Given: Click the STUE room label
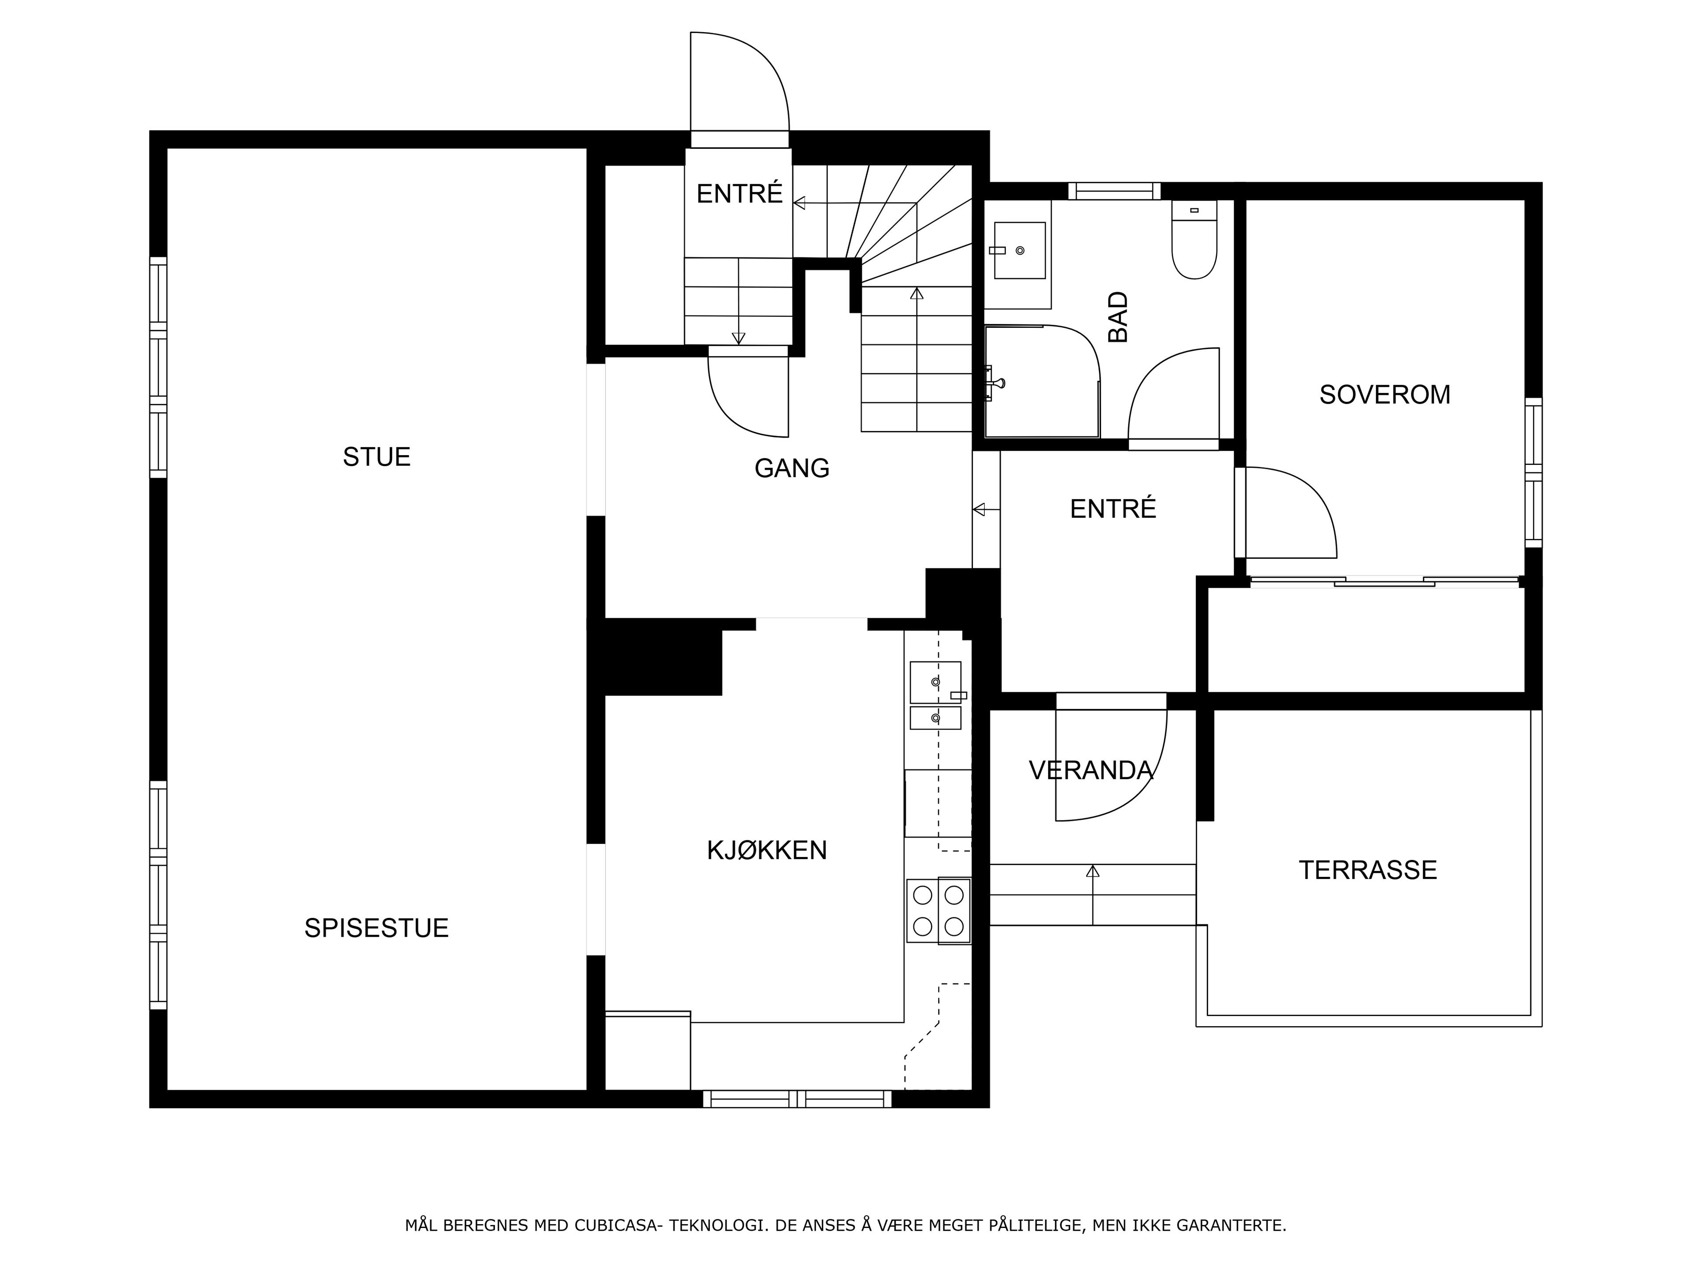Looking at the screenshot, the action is (x=376, y=456).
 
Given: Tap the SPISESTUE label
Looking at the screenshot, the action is (x=376, y=928).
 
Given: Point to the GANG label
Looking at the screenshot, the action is (x=792, y=468).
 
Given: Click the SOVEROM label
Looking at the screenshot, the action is (x=1384, y=395).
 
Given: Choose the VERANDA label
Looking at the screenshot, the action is (x=1091, y=770).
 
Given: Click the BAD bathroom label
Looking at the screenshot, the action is (x=1117, y=317).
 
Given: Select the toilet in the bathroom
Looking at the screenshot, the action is (x=1194, y=239).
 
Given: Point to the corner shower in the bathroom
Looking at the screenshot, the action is (x=1042, y=381).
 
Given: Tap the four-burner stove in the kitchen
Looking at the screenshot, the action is (x=939, y=910).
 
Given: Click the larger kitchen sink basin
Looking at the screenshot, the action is (x=935, y=682).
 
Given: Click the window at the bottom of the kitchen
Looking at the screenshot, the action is (x=797, y=1099).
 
